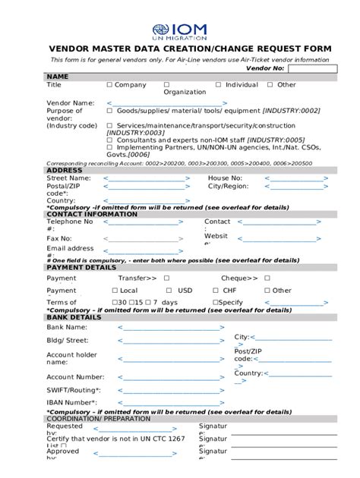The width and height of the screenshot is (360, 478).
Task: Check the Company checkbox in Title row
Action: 109,85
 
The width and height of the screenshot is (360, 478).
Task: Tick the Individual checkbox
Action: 219,85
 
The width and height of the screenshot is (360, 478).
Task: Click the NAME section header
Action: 58,77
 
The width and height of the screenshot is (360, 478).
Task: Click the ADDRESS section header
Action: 65,171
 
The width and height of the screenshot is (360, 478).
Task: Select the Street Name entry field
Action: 146,179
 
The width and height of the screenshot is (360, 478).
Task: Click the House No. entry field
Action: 296,179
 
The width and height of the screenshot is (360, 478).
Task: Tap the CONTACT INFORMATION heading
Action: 92,214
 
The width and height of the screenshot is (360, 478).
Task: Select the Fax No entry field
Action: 147,239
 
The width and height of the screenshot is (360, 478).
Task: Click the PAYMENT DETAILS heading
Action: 81,268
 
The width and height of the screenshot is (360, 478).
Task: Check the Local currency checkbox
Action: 115,291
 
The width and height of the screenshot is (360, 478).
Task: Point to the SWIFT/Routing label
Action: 73,390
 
